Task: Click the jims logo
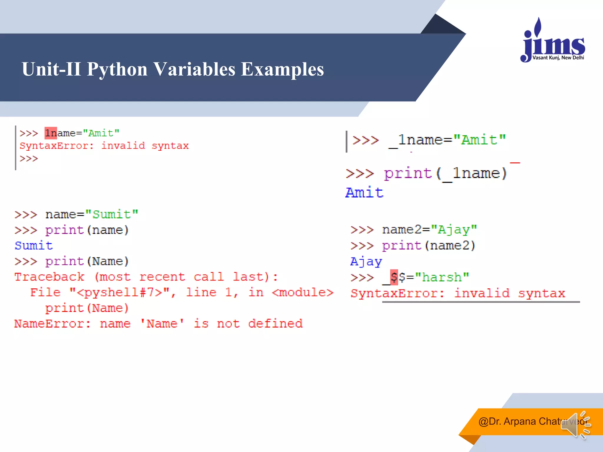tap(553, 41)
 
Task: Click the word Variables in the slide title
tap(194, 69)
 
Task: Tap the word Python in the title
tap(117, 69)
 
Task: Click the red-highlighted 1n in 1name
tap(51, 133)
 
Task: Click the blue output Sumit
tap(34, 245)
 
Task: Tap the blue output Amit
tap(364, 193)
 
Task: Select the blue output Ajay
tap(366, 261)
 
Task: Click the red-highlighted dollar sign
tap(394, 277)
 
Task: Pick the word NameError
tap(52, 324)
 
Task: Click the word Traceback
tap(49, 277)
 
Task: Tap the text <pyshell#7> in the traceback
tap(119, 293)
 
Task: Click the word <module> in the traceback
tap(302, 293)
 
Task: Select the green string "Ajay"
tap(454, 230)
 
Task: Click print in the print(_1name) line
tap(408, 173)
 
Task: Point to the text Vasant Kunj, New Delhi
tap(558, 58)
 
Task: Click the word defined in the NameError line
tap(275, 324)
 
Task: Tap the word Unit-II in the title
tap(51, 69)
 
